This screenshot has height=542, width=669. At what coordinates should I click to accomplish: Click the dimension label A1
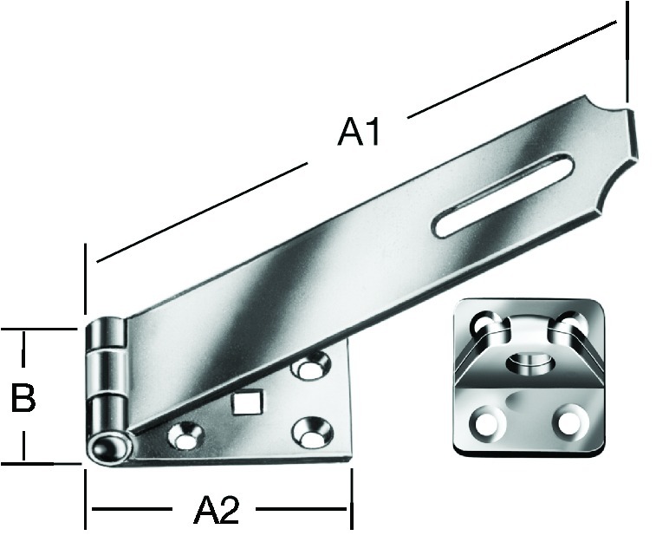coord(359,133)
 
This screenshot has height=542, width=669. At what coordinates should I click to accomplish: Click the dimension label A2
coord(217,510)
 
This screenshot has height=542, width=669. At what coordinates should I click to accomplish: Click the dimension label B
coord(23,398)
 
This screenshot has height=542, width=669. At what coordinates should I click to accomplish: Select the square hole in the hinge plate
coord(245,402)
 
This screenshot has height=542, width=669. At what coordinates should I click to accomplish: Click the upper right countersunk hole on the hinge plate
coord(310,365)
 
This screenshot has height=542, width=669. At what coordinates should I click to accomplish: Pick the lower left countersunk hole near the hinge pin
coord(185,434)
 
